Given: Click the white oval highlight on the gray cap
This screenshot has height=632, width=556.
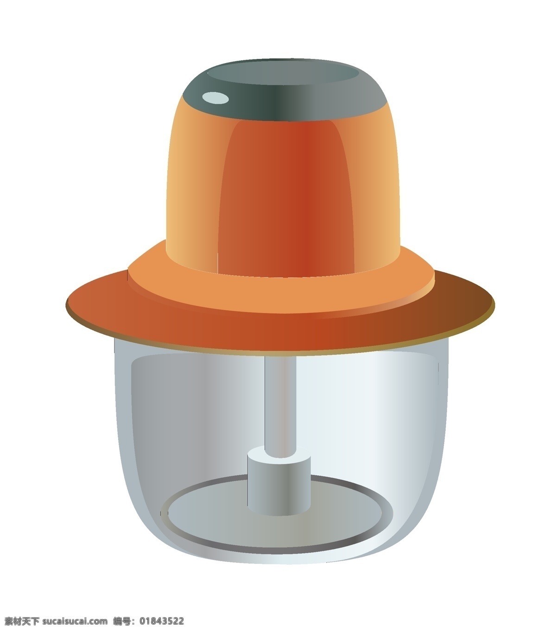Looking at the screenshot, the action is pyautogui.click(x=215, y=98).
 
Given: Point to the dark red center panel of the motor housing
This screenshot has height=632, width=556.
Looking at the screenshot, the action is pyautogui.click(x=286, y=197).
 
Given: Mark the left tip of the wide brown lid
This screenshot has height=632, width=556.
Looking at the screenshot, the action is pyautogui.click(x=66, y=304).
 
